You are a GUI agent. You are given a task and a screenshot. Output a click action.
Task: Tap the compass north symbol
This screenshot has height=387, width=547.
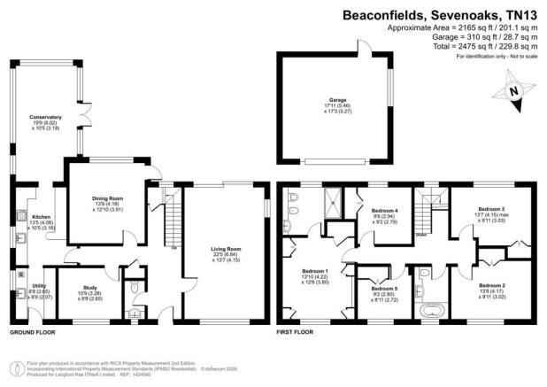511,90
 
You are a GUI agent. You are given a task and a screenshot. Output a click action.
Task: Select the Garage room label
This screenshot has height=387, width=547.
338,100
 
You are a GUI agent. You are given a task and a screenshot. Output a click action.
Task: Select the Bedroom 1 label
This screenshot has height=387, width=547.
313,269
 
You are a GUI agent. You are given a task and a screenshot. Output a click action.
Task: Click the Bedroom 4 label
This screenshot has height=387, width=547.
384,210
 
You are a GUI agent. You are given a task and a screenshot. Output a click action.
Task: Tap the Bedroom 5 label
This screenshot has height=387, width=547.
383,289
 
